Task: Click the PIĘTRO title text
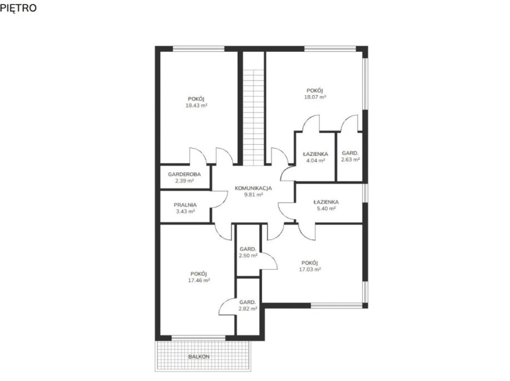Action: pos(18,8)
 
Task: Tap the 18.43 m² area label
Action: pos(197,106)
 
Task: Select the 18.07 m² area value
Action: pos(315,97)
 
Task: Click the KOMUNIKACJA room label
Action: pos(253,188)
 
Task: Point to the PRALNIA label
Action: pos(185,205)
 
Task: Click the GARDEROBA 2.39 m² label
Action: pos(184,177)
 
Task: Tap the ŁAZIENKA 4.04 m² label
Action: pos(316,157)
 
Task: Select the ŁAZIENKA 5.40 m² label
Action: pos(326,205)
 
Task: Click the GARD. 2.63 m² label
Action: pos(351,156)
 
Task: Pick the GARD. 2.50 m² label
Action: pos(248,253)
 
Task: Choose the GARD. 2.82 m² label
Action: pos(248,305)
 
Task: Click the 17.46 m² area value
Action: pos(199,280)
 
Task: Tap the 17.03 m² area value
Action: pos(310,269)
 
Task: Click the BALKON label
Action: pos(199,357)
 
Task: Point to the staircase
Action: pos(253,117)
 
